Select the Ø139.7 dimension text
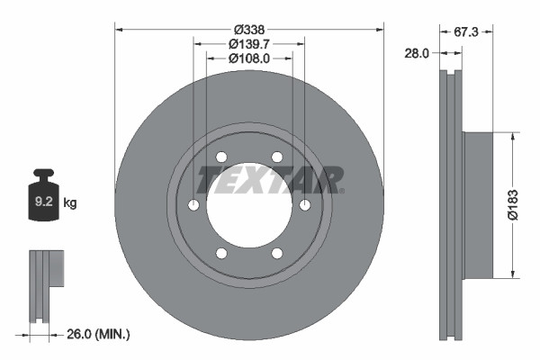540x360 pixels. [x=249, y=43]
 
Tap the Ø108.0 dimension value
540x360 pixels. [x=249, y=58]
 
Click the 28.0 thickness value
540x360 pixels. [x=416, y=54]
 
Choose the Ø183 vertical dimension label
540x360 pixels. [x=512, y=205]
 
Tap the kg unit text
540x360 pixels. [x=70, y=203]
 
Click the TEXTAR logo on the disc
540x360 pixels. [x=269, y=179]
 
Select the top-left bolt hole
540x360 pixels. [x=221, y=157]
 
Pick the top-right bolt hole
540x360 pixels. [x=277, y=157]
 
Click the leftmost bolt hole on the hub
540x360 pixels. [x=193, y=206]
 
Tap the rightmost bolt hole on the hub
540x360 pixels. [x=305, y=206]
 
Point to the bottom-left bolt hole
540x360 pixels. [x=221, y=254]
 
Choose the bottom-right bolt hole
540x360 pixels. [x=277, y=254]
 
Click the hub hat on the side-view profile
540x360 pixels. [x=477, y=205]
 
